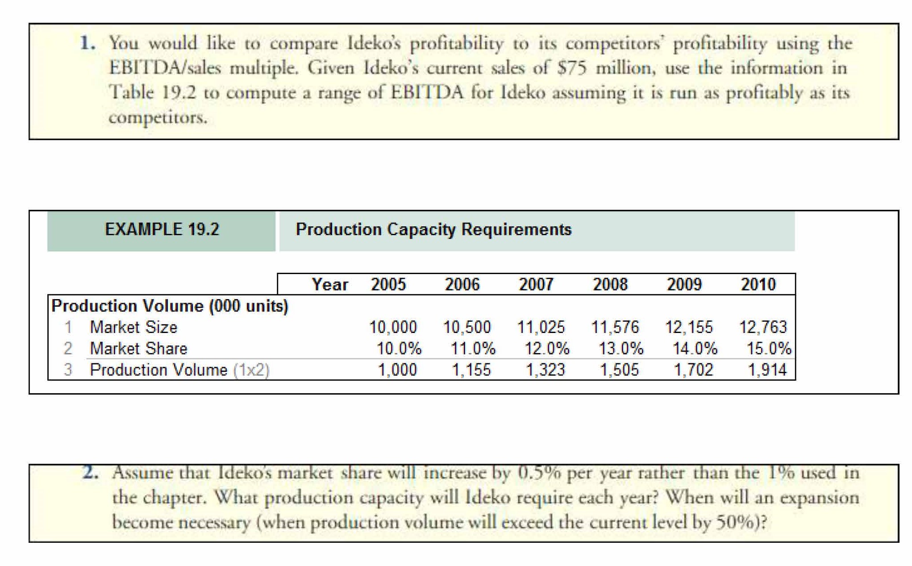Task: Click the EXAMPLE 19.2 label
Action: [162, 229]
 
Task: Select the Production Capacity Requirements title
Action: [433, 229]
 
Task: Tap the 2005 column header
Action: [388, 284]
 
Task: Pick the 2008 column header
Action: [610, 284]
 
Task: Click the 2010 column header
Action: [758, 284]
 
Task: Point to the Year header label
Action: [329, 284]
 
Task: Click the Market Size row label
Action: [133, 327]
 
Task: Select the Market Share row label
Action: [138, 349]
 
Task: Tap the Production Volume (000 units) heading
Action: [170, 306]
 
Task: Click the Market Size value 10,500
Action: [467, 327]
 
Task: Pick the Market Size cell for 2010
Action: [763, 327]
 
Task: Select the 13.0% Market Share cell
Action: [621, 349]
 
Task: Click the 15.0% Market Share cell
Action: [769, 349]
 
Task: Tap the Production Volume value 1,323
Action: [545, 370]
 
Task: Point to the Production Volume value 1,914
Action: [767, 370]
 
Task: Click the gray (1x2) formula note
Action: [251, 370]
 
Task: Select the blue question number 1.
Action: [87, 43]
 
